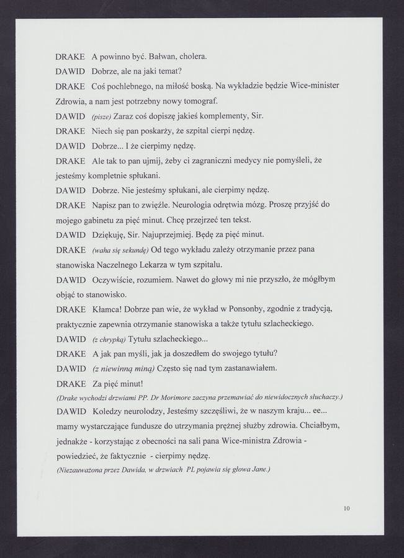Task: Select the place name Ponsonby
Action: click(x=243, y=309)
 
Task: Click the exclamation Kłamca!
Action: click(x=111, y=309)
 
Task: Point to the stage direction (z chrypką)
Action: click(x=109, y=340)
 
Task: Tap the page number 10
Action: click(x=346, y=509)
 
